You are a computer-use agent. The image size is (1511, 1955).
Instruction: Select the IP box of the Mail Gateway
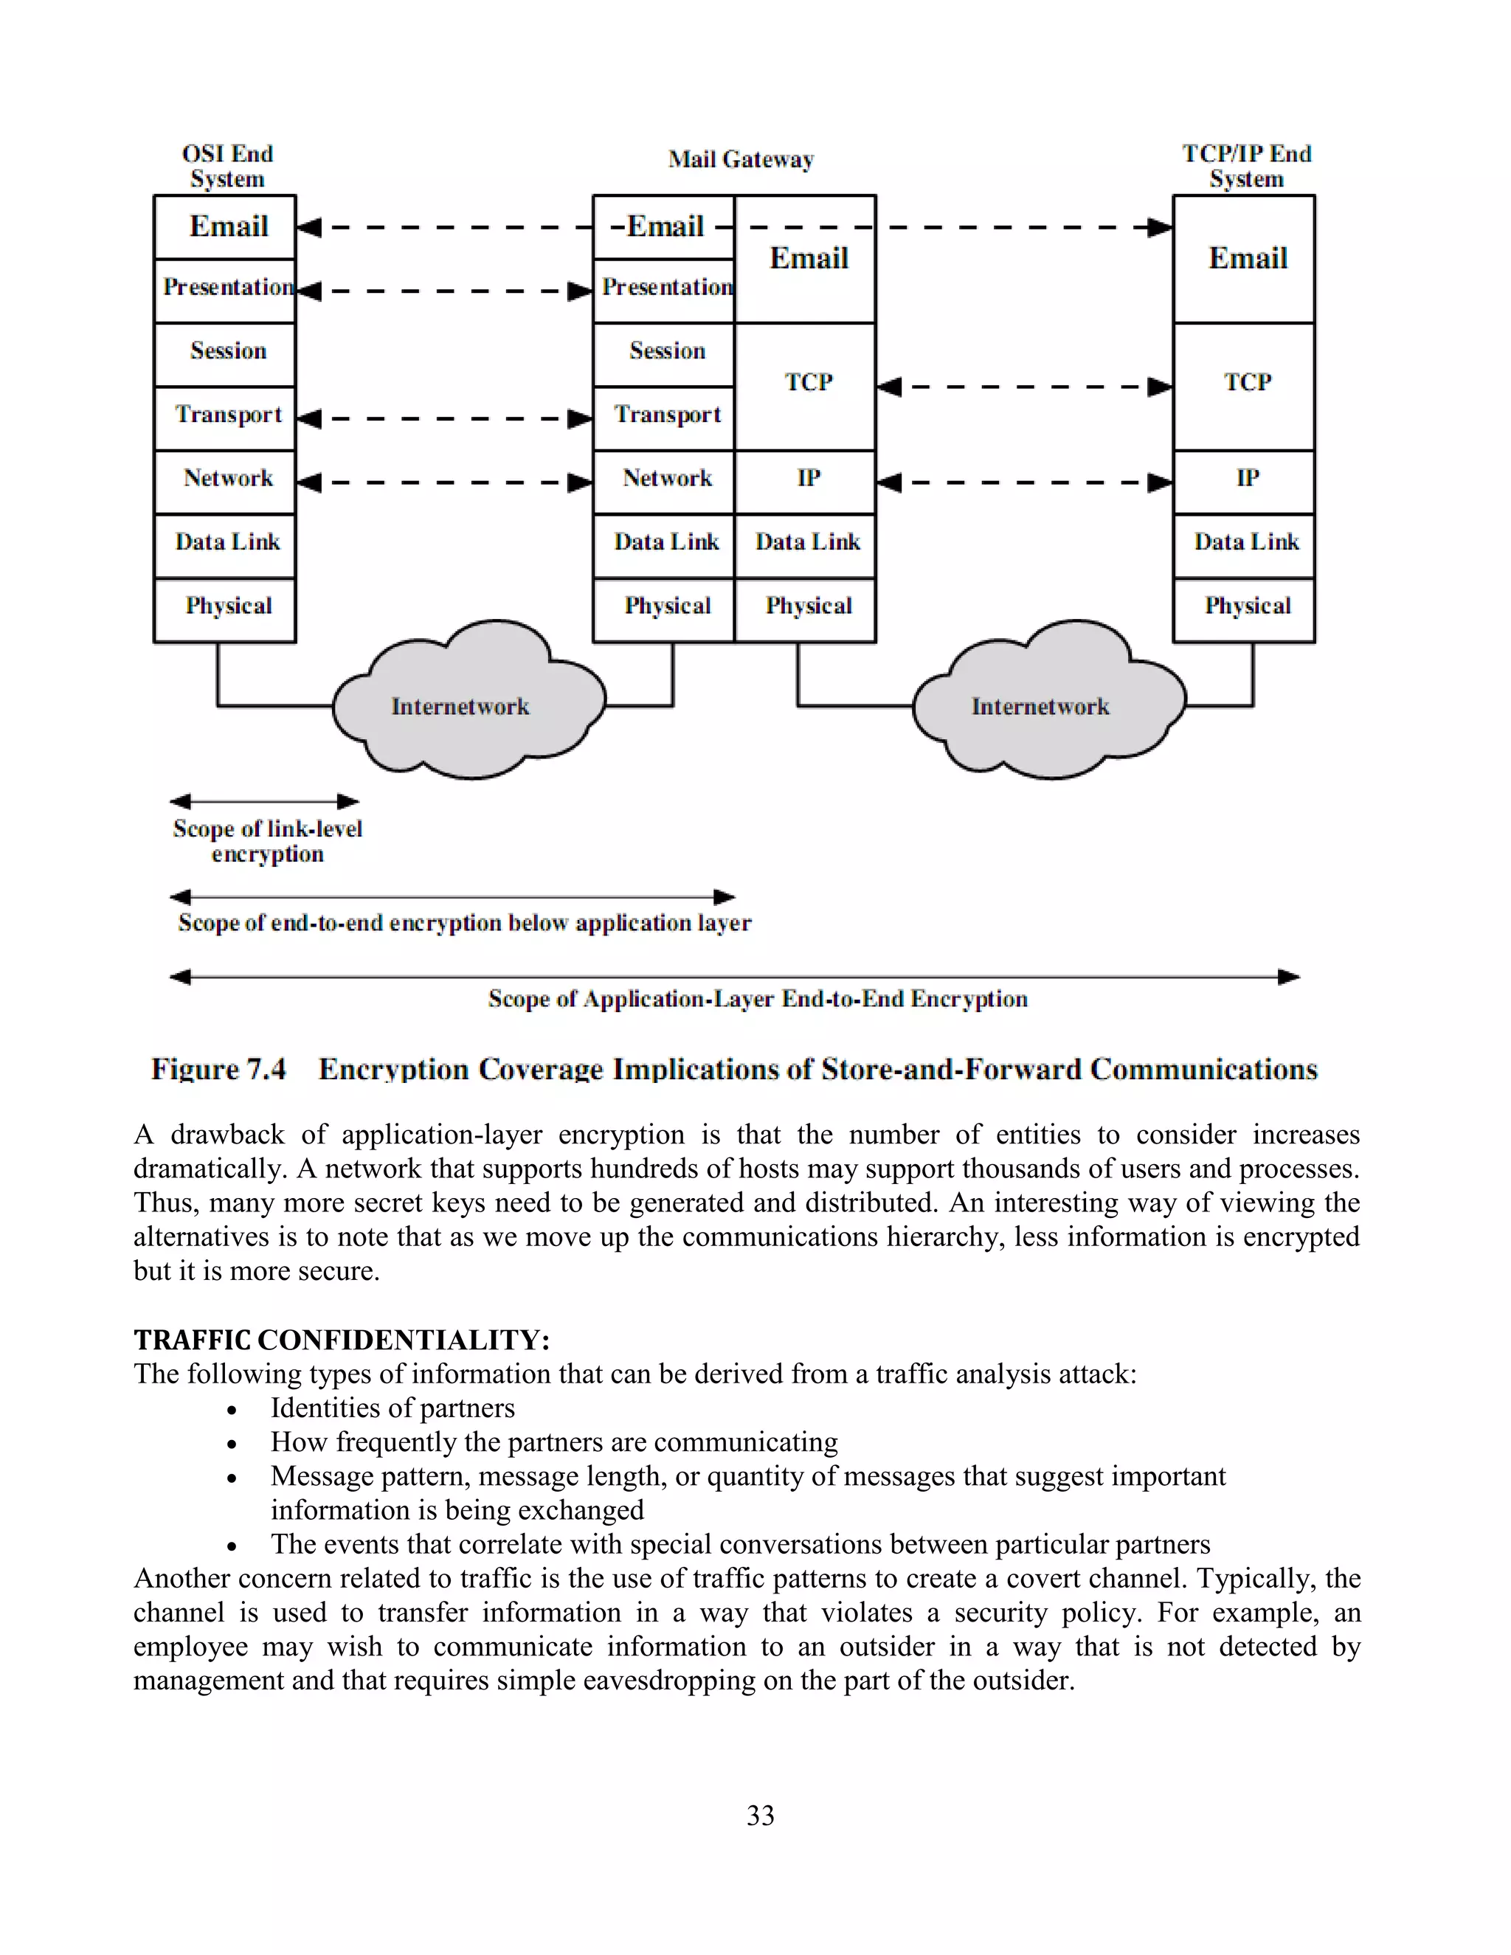pos(806,479)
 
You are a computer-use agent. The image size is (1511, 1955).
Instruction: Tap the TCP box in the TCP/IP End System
pos(1245,383)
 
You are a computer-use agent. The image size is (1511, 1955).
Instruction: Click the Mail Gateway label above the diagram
pos(740,160)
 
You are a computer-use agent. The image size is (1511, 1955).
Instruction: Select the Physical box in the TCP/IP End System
pos(1245,607)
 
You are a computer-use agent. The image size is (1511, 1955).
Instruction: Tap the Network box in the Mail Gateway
pos(666,479)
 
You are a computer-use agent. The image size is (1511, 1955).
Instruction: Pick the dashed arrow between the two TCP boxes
pos(1024,387)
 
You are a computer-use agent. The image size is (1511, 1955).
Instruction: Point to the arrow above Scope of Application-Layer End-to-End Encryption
pos(734,977)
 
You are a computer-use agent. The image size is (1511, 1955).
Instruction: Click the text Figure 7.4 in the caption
pos(218,1070)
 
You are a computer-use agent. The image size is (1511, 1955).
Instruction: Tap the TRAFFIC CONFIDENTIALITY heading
pos(341,1340)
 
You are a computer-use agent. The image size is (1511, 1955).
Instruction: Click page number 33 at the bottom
pos(760,1816)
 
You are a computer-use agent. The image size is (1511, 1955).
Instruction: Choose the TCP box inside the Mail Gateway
pos(806,383)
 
